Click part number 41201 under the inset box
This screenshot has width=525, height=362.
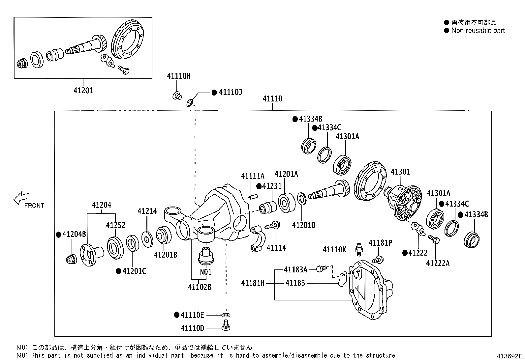click(x=83, y=90)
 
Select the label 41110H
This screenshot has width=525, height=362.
click(x=178, y=76)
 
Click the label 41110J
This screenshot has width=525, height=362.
click(x=230, y=93)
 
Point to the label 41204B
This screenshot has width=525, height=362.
click(x=74, y=234)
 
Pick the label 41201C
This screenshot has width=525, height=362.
click(x=134, y=271)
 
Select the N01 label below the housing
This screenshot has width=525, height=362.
click(x=206, y=272)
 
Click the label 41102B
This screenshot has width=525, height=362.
click(x=200, y=287)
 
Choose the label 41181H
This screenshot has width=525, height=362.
click(x=253, y=283)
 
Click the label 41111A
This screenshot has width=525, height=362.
click(x=253, y=176)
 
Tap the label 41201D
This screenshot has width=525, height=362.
click(x=303, y=225)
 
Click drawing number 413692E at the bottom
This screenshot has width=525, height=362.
click(x=510, y=356)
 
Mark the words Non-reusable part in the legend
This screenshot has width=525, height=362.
click(x=478, y=31)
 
